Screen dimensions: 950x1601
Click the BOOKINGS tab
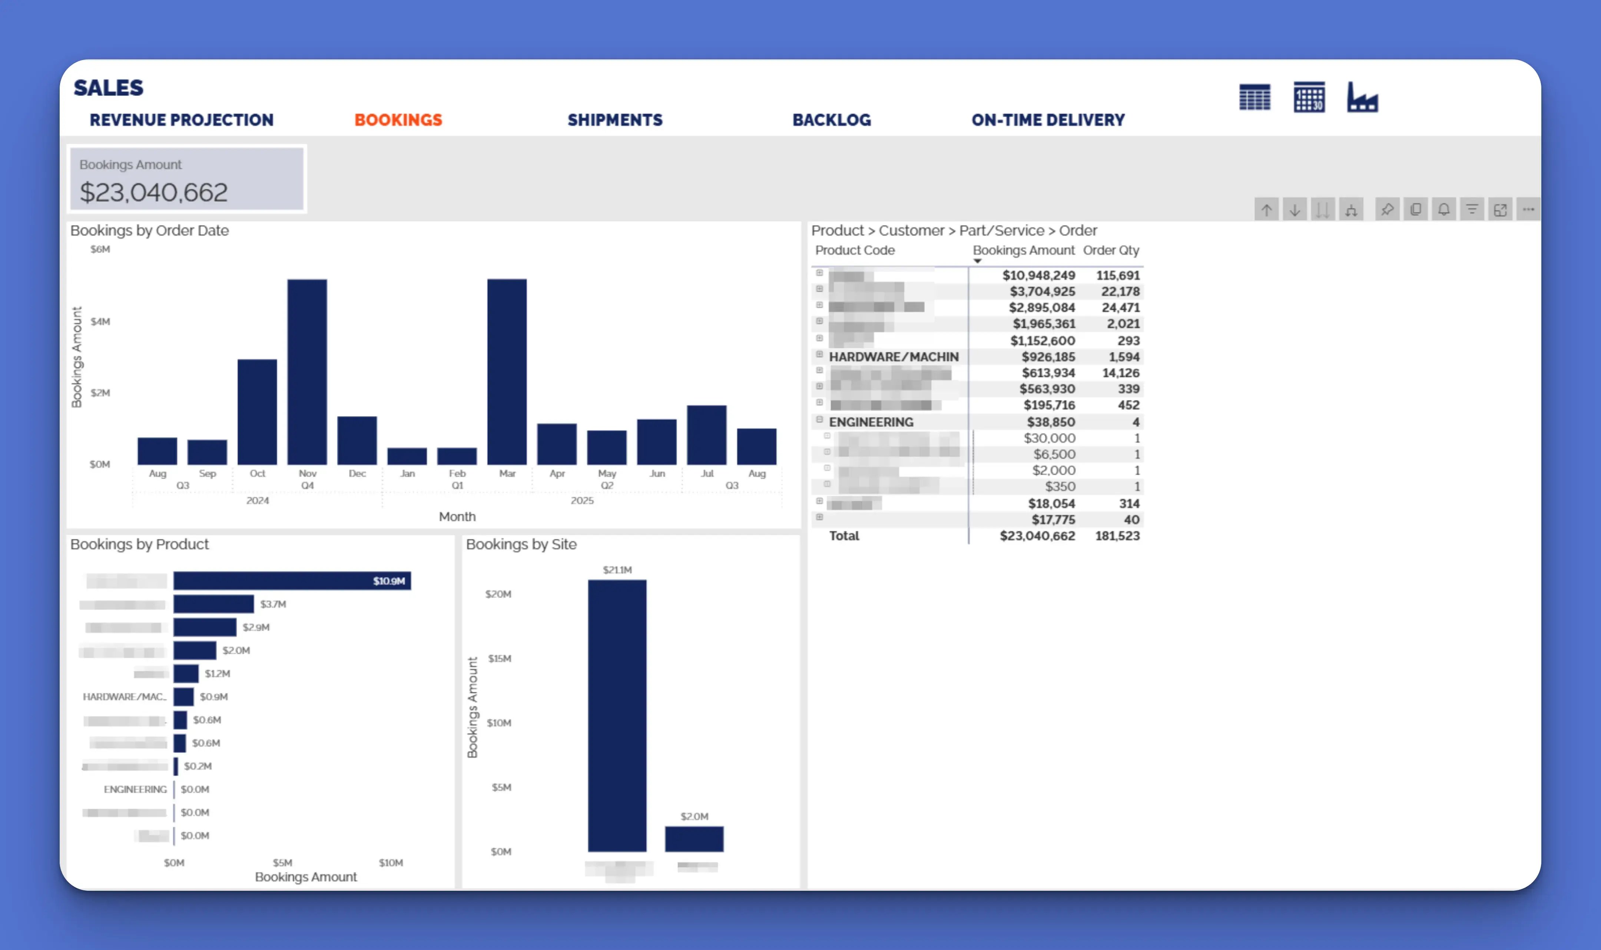coord(398,120)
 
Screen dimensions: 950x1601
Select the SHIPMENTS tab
coord(614,120)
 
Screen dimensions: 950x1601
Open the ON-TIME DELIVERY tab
coord(1047,120)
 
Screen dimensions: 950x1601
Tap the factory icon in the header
coord(1362,97)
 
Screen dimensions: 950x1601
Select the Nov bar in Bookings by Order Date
coord(307,371)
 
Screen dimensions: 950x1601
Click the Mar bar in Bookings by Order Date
coord(507,371)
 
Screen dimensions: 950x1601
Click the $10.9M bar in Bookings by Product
coord(292,581)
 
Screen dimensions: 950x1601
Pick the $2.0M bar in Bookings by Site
coord(694,839)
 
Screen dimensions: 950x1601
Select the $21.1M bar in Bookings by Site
coord(617,715)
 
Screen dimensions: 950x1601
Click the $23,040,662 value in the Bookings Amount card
coord(154,192)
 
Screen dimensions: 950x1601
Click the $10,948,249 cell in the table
coord(1038,275)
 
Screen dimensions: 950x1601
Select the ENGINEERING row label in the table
coord(871,422)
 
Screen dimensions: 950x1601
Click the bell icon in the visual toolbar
coord(1443,209)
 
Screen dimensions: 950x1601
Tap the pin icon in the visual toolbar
coord(1387,209)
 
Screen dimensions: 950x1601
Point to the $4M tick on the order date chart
coord(100,321)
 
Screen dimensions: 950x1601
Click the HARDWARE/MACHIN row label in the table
coord(893,357)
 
